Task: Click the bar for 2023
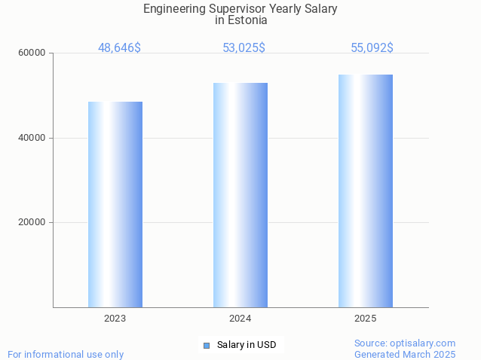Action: pos(115,204)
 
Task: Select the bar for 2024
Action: pos(240,195)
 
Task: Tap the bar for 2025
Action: pos(366,191)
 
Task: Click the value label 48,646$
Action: pos(119,47)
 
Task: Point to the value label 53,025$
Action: pos(244,47)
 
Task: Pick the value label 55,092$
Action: pos(372,47)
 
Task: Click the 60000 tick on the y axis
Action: pos(32,53)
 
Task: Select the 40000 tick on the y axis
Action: pos(32,138)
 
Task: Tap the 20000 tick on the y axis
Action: pos(32,223)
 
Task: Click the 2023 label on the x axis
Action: pos(115,319)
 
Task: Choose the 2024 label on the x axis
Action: pos(240,319)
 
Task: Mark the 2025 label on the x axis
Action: pos(366,319)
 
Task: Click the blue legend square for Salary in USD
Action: pos(206,346)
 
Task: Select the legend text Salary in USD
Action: pos(247,345)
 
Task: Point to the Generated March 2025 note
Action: pos(405,354)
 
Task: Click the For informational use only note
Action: pos(66,354)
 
